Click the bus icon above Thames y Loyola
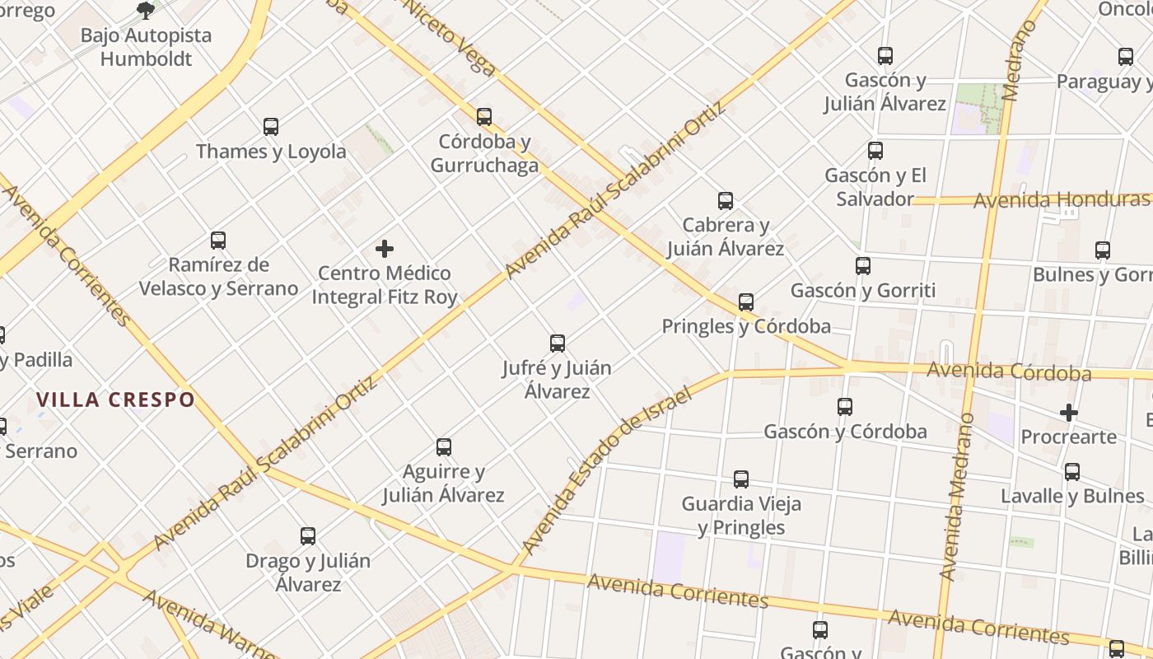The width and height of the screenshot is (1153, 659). click(271, 127)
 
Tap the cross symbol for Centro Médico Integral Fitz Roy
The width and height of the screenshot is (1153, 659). click(385, 248)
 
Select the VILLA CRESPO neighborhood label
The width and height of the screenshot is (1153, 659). click(115, 400)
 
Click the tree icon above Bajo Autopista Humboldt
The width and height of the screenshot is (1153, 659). click(146, 11)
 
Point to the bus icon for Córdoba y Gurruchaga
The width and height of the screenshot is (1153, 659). click(484, 117)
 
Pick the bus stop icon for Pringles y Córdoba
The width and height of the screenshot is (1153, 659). click(746, 302)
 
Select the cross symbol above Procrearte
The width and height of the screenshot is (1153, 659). click(1069, 412)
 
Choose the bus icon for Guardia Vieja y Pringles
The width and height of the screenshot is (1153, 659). click(741, 479)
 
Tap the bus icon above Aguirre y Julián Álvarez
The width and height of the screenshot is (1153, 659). click(444, 447)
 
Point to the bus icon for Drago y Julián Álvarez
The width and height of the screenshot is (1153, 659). click(308, 536)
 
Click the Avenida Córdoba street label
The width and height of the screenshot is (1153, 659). click(1009, 372)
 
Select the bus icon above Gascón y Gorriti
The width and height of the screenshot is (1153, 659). click(863, 266)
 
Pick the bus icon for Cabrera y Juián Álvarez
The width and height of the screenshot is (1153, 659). click(726, 201)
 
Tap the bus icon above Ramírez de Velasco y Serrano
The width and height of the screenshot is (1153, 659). click(218, 241)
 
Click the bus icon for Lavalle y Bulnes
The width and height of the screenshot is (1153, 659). click(1072, 472)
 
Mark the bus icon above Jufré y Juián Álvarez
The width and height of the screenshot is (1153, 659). click(558, 344)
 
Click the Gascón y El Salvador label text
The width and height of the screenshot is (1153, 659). click(875, 187)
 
